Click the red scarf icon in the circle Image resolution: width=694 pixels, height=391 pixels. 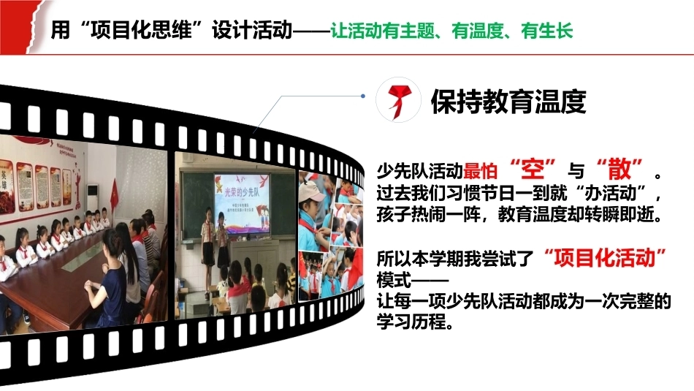[399, 102]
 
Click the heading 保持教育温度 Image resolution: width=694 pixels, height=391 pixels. [508, 102]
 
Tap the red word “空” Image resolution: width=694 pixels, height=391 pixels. [533, 169]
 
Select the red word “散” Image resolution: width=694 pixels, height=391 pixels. [619, 169]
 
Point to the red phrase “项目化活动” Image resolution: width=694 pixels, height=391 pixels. [605, 258]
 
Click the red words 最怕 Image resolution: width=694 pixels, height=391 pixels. [481, 171]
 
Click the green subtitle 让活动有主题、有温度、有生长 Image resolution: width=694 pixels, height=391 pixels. [451, 31]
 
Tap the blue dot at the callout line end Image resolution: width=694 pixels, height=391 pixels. [363, 96]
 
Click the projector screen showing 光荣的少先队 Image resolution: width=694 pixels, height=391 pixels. [242, 202]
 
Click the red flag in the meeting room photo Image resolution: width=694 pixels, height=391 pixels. [114, 195]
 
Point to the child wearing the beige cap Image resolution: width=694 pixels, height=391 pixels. [313, 213]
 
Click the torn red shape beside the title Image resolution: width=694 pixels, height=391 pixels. [20, 26]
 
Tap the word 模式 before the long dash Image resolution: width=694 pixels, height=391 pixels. [394, 280]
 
